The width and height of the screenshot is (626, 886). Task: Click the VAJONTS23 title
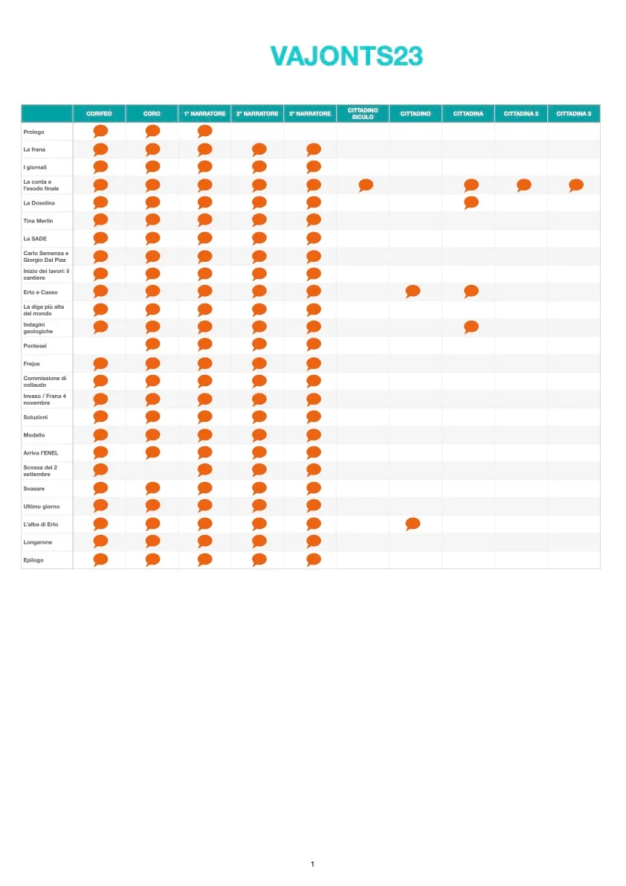pyautogui.click(x=346, y=57)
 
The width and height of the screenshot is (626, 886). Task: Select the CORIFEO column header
pyautogui.click(x=99, y=114)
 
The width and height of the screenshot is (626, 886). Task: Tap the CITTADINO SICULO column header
pyautogui.click(x=363, y=114)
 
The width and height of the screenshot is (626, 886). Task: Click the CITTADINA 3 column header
pyautogui.click(x=573, y=114)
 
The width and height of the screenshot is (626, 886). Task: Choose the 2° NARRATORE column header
pyautogui.click(x=257, y=114)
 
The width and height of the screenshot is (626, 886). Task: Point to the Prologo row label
pyautogui.click(x=34, y=132)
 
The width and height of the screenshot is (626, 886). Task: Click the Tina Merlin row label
pyautogui.click(x=38, y=221)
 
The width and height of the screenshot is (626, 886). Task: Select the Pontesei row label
pyautogui.click(x=35, y=346)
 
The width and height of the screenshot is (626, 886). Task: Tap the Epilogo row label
pyautogui.click(x=33, y=560)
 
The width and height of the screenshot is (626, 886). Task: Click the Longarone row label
pyautogui.click(x=38, y=542)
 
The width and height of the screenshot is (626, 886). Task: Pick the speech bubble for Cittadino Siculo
pyautogui.click(x=365, y=185)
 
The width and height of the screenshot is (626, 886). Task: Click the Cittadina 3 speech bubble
pyautogui.click(x=575, y=185)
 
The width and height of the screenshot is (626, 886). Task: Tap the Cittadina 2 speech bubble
pyautogui.click(x=523, y=185)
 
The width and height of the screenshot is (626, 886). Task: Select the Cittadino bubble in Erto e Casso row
pyautogui.click(x=413, y=292)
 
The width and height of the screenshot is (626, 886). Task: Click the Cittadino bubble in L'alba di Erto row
pyautogui.click(x=413, y=524)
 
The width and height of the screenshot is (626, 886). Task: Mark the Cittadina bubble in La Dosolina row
pyautogui.click(x=471, y=202)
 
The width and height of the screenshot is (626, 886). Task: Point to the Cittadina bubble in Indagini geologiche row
pyautogui.click(x=471, y=327)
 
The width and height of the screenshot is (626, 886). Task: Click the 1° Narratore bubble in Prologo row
pyautogui.click(x=204, y=132)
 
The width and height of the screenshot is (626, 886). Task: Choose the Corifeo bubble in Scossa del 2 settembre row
pyautogui.click(x=100, y=470)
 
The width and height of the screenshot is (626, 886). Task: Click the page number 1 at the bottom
pyautogui.click(x=312, y=864)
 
